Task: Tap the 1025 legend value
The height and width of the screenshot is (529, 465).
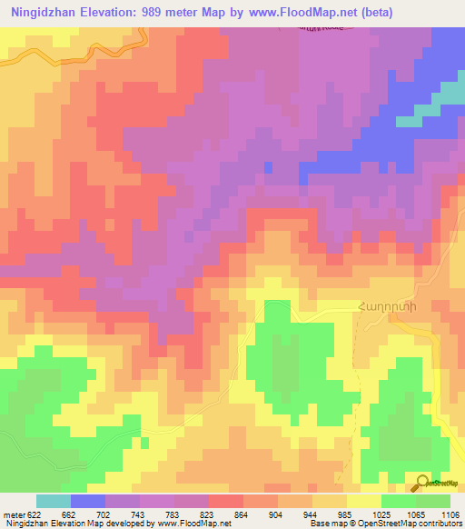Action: pos(381,514)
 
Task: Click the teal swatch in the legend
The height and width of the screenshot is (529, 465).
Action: pos(53,501)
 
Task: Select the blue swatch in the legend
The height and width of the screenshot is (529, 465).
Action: pos(87,501)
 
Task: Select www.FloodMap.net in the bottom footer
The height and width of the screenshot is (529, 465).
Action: pos(191,524)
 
